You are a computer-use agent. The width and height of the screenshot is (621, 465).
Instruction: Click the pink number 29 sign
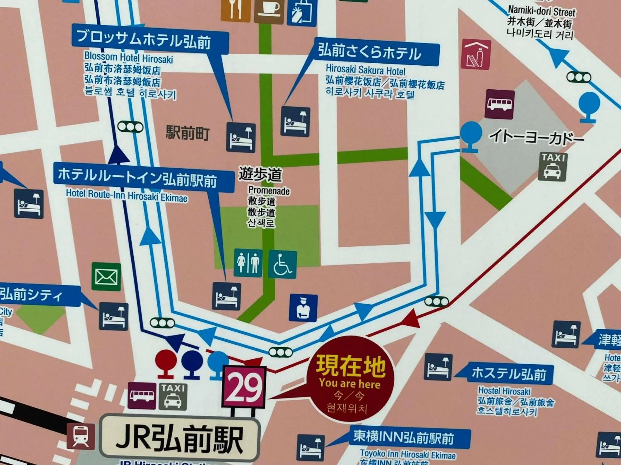pos(244,387)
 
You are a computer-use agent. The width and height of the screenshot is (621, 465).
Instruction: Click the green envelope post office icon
pos(106,277)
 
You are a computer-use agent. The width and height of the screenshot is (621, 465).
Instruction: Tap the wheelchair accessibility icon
pos(282,265)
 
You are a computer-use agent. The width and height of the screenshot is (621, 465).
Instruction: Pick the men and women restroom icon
pos(248,263)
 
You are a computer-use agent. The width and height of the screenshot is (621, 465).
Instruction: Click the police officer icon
pos(303,308)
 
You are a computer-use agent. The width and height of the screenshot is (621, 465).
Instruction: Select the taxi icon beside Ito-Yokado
pos(553,167)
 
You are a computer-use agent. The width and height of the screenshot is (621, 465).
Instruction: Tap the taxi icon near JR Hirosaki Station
pos(173,396)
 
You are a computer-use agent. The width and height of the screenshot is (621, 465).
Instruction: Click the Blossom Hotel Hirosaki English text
pos(129,58)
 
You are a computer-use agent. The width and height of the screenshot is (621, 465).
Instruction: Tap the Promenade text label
pos(269,191)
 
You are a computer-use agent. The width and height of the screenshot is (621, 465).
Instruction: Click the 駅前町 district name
pos(188,133)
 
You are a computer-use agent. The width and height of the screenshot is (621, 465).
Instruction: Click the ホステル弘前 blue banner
pos(509,374)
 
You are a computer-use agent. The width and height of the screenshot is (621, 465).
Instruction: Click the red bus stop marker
pos(166,363)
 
